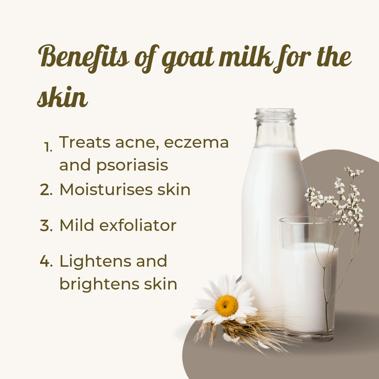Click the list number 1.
pyautogui.click(x=48, y=147)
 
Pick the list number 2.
pyautogui.click(x=46, y=190)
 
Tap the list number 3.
pyautogui.click(x=46, y=226)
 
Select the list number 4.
pyautogui.click(x=46, y=261)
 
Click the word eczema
pyautogui.click(x=196, y=142)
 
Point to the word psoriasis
pyautogui.click(x=132, y=166)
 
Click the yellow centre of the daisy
pyautogui.click(x=226, y=306)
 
